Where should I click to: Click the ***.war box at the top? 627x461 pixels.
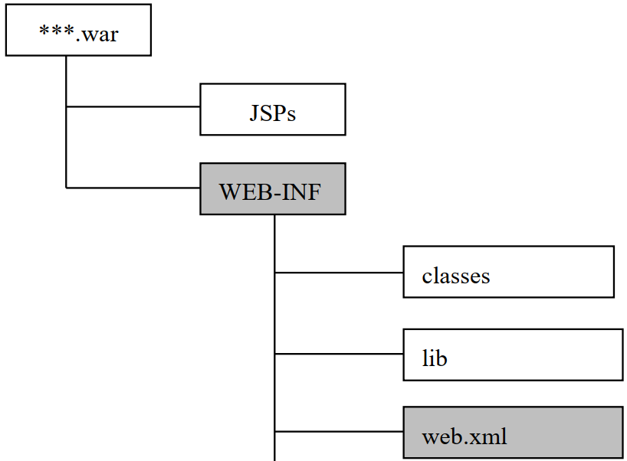pos(78,31)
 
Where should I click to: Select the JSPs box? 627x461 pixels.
pos(272,110)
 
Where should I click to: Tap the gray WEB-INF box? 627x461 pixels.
pos(272,188)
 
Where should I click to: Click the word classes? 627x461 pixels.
pos(455,275)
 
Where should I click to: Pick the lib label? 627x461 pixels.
pos(435,358)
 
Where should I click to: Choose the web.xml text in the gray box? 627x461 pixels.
pos(464,437)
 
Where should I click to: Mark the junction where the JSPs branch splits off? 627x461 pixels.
pos(67,106)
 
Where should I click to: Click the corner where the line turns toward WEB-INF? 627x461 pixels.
pos(67,187)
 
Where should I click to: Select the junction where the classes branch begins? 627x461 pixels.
pos(274,272)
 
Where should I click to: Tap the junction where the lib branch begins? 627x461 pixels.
pos(274,354)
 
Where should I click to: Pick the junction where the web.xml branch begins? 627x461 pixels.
pos(274,433)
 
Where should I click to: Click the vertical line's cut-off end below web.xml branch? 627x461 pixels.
pos(274,457)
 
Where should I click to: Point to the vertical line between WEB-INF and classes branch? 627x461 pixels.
pos(274,243)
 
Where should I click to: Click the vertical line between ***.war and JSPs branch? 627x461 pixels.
pos(67,81)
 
